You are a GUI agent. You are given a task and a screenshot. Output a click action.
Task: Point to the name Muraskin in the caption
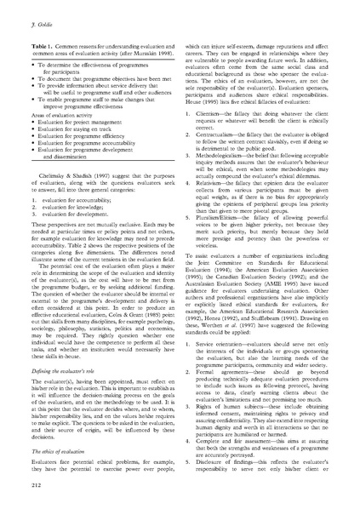141,49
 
